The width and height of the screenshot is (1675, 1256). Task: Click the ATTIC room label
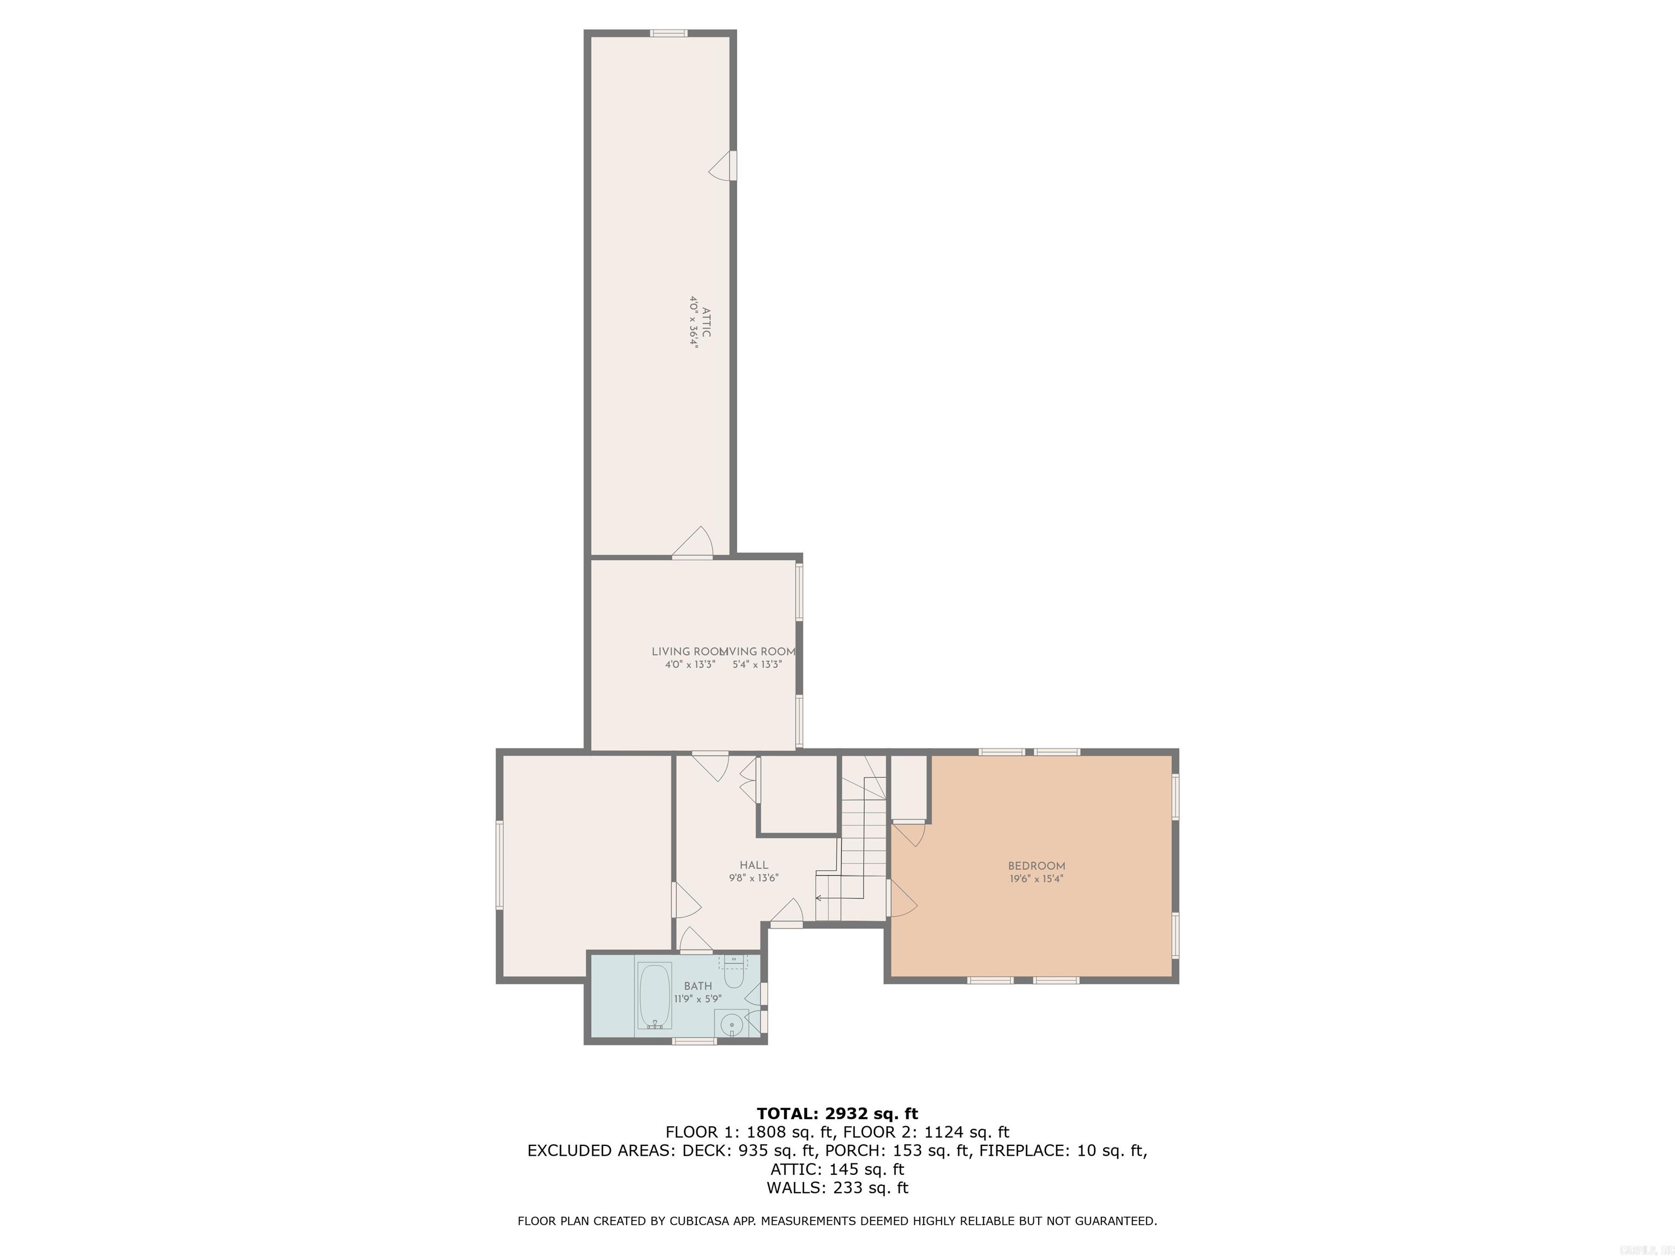[x=706, y=322]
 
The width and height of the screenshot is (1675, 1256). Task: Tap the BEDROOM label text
[x=1036, y=866]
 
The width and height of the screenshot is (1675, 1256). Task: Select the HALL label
[x=754, y=865]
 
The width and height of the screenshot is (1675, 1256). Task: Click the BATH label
[x=697, y=986]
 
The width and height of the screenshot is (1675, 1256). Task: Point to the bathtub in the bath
[x=655, y=995]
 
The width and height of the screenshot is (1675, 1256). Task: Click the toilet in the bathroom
[x=733, y=976]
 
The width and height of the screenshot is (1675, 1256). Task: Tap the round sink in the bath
[x=732, y=1026]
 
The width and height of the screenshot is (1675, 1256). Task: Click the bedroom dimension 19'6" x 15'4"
[x=1036, y=879]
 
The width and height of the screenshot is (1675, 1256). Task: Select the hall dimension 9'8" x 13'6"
[x=754, y=878]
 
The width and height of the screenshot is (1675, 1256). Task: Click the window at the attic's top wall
[x=668, y=33]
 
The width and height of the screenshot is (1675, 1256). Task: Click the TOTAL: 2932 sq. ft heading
[x=837, y=1114]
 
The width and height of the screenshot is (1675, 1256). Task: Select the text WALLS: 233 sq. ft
[x=837, y=1188]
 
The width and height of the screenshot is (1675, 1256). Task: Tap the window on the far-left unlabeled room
[x=500, y=865]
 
